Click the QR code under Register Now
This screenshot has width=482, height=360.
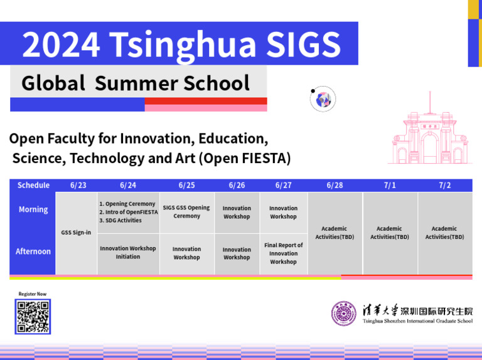33,317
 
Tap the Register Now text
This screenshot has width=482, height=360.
33,294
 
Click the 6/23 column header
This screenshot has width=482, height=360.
78,185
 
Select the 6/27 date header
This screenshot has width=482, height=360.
283,185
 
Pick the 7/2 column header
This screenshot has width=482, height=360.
444,185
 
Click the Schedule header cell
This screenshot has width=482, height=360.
33,185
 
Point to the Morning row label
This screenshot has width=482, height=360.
33,209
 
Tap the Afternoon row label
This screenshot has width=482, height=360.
33,251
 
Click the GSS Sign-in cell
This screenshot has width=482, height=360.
76,233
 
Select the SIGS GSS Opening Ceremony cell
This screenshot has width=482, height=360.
186,212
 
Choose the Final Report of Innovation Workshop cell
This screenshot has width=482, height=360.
283,253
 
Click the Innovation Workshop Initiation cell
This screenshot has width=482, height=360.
128,253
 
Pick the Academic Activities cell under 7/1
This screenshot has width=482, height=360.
389,233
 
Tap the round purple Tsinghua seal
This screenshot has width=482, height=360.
343,314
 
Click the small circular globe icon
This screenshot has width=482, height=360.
323,99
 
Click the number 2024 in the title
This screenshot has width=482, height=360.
62,44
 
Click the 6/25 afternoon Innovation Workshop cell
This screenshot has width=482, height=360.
186,253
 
